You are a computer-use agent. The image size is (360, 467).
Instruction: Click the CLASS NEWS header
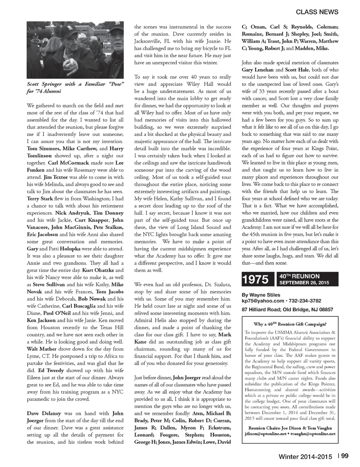pos(317,12)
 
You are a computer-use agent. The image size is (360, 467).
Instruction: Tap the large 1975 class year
pos(256,279)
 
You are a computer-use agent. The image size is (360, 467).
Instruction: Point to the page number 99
pos(345,456)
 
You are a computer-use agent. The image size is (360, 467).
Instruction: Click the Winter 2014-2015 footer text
pos(305,456)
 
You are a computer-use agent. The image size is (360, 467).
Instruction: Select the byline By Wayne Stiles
pos(261,295)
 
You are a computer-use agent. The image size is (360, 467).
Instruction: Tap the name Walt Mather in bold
pos(40,349)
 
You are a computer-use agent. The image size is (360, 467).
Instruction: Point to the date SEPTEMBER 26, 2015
pos(304,283)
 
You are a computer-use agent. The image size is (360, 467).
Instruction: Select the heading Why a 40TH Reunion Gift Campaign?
pos(290,324)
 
